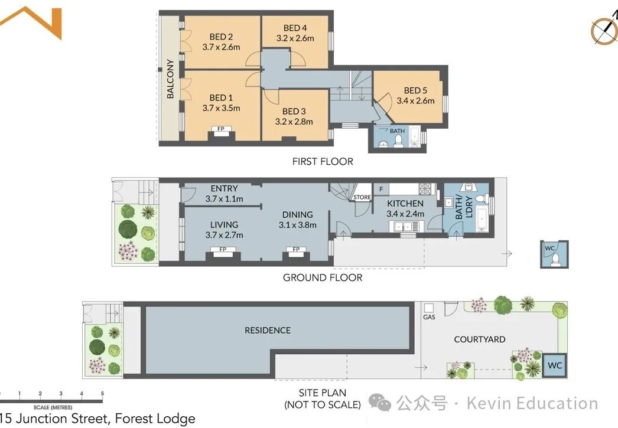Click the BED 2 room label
click(221, 37)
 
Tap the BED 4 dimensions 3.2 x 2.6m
click(295, 38)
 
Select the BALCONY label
click(170, 79)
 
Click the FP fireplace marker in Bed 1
click(221, 129)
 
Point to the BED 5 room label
click(415, 90)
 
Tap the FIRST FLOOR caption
click(323, 161)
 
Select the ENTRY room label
click(224, 188)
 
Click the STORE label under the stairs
click(362, 197)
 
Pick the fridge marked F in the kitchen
click(381, 190)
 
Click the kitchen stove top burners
click(425, 189)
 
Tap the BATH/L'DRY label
click(463, 207)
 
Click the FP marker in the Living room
click(223, 249)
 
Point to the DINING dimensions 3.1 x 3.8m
click(298, 225)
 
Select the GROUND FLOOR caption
click(323, 277)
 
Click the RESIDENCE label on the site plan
click(268, 331)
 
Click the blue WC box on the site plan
click(555, 365)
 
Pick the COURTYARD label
click(479, 339)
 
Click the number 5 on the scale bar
click(102, 393)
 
